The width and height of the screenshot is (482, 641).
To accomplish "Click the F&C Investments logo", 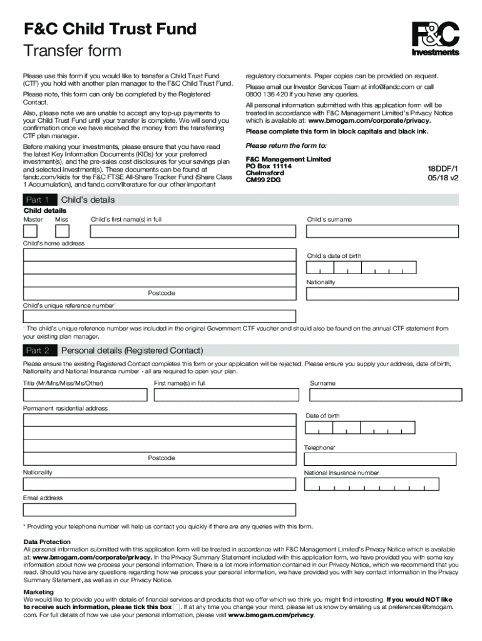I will [x=435, y=39].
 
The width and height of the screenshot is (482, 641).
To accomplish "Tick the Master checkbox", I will [x=30, y=231].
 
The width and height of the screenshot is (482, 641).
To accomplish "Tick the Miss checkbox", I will [x=62, y=231].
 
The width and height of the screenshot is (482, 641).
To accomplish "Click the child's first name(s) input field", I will [x=192, y=231].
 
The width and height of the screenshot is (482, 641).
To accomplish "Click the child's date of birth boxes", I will [x=360, y=267].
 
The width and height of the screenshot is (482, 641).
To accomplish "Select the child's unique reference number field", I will [x=159, y=316].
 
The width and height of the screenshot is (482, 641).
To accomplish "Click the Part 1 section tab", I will [x=38, y=200].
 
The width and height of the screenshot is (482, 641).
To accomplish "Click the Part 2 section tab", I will [x=38, y=351].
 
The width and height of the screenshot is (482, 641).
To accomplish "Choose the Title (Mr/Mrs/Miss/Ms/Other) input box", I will [x=85, y=395].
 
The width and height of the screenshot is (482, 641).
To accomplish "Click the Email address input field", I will [x=159, y=510].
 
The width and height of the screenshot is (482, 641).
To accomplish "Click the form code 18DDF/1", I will [x=443, y=169].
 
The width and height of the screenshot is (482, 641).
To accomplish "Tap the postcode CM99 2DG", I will [x=264, y=180].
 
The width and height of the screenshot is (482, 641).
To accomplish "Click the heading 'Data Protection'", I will [x=47, y=541].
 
